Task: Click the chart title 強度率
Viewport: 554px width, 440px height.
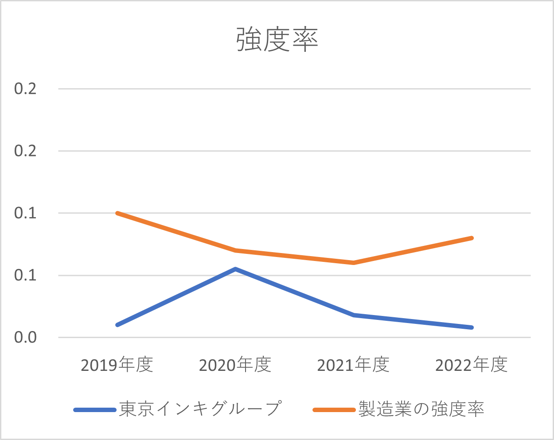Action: pyautogui.click(x=277, y=40)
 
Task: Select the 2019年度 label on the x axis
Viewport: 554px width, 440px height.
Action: pyautogui.click(x=117, y=365)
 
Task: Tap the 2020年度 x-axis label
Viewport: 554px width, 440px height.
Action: pyautogui.click(x=235, y=365)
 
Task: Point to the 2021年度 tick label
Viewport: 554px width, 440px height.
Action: pyautogui.click(x=353, y=365)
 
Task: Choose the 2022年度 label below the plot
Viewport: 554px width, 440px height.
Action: pyautogui.click(x=471, y=365)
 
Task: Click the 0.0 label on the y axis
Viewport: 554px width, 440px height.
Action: pyautogui.click(x=25, y=338)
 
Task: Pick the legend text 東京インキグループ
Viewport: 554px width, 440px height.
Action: pyautogui.click(x=200, y=409)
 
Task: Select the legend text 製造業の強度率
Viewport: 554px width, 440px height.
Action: pyautogui.click(x=421, y=409)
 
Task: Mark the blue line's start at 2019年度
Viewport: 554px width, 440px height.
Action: pyautogui.click(x=117, y=325)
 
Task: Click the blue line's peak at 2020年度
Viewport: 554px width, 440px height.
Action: pyautogui.click(x=235, y=269)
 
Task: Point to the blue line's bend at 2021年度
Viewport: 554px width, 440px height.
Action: pyautogui.click(x=354, y=315)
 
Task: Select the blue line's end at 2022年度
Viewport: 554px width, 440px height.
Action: pyautogui.click(x=472, y=327)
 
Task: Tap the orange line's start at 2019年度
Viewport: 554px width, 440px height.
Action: pyautogui.click(x=117, y=213)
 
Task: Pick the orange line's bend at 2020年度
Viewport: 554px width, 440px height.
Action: pyautogui.click(x=235, y=250)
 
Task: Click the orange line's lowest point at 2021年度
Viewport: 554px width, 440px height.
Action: pyautogui.click(x=354, y=263)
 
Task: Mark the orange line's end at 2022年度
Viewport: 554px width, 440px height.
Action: pyautogui.click(x=472, y=238)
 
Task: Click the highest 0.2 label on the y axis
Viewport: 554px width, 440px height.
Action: pyautogui.click(x=25, y=89)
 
